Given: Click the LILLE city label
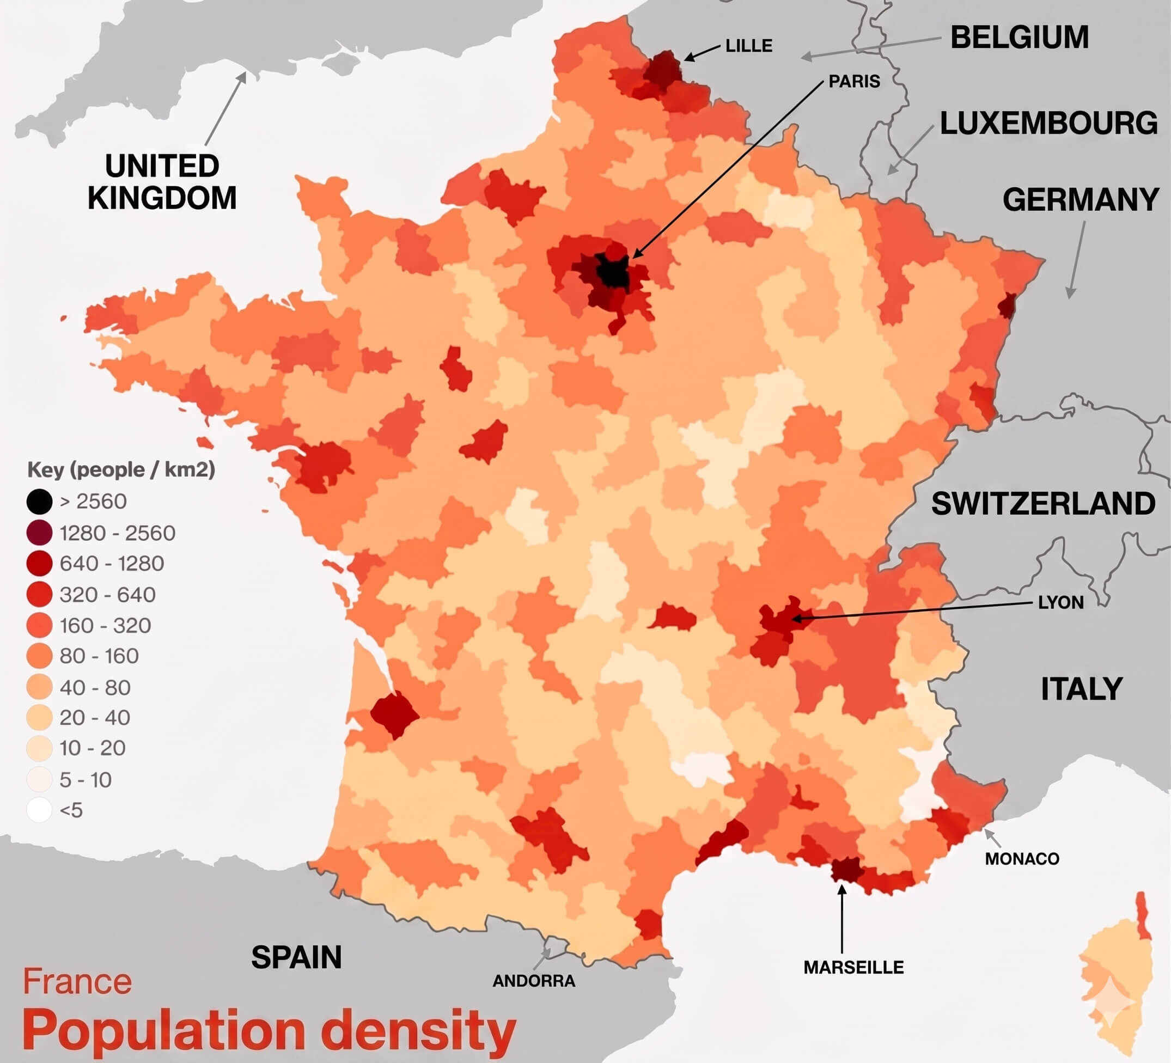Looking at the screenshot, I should (x=749, y=45).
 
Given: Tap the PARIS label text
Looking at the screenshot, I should (x=854, y=81).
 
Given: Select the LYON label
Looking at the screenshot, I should (x=1060, y=602).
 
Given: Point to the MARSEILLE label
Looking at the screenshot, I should (x=853, y=967).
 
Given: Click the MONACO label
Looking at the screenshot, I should (x=1022, y=859).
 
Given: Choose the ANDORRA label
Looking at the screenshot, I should (x=534, y=981).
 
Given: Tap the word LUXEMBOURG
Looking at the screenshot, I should (x=1048, y=123).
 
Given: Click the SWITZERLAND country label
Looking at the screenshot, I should (x=1043, y=504).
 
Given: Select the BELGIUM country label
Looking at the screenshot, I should (x=1020, y=37).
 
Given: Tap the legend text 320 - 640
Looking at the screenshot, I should (x=107, y=594).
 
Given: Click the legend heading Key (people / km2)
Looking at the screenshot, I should (x=121, y=469).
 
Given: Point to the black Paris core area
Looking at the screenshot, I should (x=613, y=272).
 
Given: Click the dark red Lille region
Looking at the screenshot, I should (x=662, y=70).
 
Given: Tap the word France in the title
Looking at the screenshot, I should (x=77, y=982).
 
